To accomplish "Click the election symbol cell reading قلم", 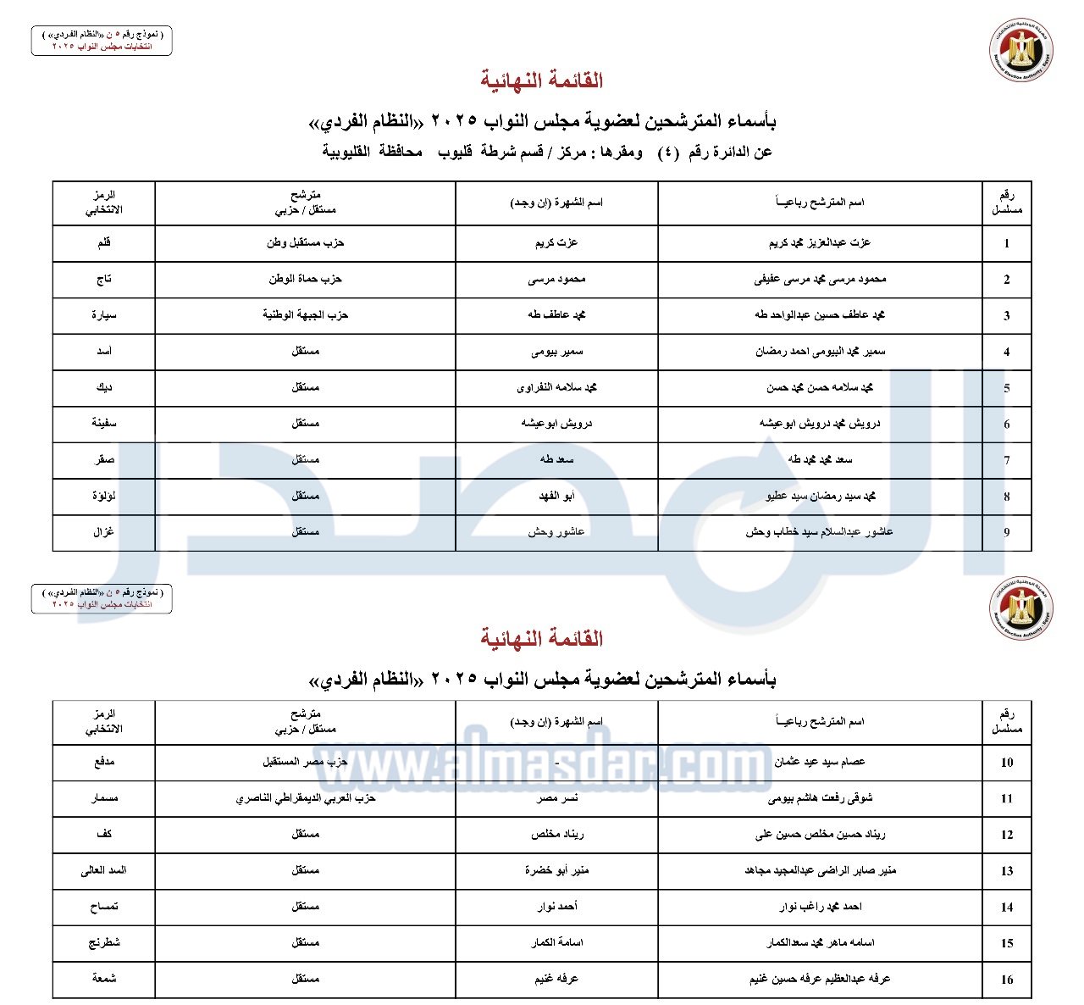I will (104, 243).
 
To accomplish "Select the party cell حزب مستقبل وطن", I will (305, 243).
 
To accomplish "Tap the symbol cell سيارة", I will (104, 315).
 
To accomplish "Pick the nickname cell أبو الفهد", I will (556, 496).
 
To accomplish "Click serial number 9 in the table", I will (1007, 533).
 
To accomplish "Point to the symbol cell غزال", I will (104, 532).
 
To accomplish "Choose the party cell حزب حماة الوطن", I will (305, 279).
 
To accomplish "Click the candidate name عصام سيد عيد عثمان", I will (820, 762).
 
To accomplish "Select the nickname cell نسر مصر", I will (557, 798).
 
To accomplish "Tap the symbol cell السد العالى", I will (104, 870).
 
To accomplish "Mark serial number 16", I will (1007, 980).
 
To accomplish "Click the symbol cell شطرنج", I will (104, 942).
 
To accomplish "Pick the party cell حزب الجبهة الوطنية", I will (305, 315).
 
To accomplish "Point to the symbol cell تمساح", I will (104, 907).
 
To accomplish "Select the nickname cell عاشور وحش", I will (556, 532).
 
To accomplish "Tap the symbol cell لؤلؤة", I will (104, 496).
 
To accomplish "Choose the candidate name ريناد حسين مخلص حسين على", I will (820, 835).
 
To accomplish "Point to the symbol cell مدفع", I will (104, 762).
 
